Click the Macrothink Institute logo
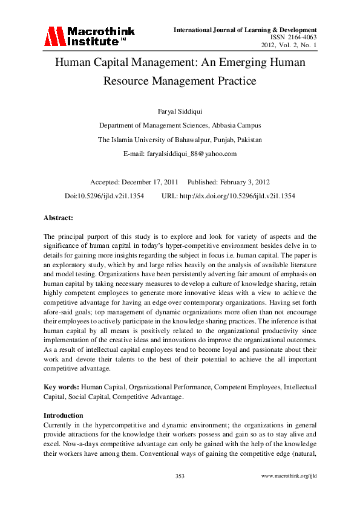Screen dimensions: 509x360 tap(88, 36)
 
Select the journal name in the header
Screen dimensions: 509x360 tap(245, 30)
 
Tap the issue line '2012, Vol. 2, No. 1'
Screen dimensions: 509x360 tap(289, 45)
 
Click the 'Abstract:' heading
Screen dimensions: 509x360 tap(58, 217)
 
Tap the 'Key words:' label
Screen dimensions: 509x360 tap(61, 386)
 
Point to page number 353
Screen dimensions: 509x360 tap(180, 476)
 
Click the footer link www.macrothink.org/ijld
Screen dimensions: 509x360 tap(289, 476)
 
